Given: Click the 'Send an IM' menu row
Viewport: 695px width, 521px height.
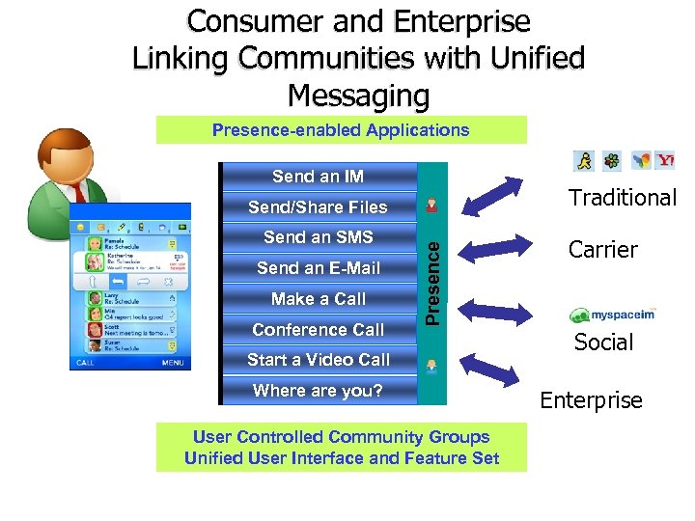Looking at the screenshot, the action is pos(318,177).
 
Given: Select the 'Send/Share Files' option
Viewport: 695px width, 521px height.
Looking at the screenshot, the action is pos(318,207).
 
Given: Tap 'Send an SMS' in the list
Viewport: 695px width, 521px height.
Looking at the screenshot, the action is pos(318,237).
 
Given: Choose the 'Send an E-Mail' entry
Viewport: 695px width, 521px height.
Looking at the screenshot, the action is pos(318,268).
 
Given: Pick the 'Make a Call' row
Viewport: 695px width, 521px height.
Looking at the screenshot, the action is pos(318,299).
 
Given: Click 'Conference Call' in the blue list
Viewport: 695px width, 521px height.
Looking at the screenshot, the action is pos(318,330).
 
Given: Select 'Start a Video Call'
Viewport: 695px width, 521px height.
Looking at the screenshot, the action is pos(318,360).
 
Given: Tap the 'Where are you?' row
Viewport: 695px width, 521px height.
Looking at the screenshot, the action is pos(318,391).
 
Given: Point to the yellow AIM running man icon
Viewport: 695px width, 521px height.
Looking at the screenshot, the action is pos(583,160).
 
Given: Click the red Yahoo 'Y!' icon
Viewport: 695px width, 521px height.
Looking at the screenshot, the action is pos(665,160).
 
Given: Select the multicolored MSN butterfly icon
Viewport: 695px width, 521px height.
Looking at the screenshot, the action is pos(639,160).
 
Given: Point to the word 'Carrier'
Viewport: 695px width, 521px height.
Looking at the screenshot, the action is pos(603,250).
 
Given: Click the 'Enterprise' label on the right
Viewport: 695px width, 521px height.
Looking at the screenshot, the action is pos(591,400).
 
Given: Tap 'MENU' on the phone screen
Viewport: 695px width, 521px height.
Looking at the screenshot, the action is pos(173,363).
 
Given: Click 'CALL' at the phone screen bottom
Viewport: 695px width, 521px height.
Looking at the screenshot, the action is pos(85,363).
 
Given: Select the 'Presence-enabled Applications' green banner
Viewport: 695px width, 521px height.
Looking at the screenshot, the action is pos(341,130).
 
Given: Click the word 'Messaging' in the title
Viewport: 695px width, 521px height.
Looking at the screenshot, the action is pos(358,96).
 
